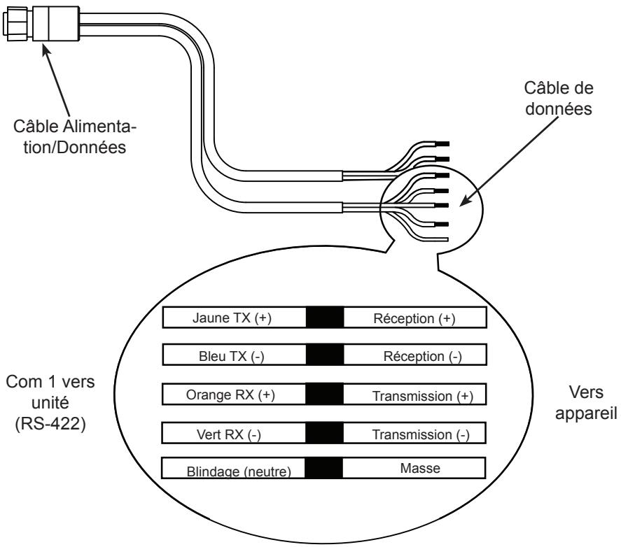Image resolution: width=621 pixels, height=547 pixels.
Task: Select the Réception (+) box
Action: [x=414, y=318]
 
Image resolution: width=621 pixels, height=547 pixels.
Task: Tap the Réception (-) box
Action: [x=414, y=355]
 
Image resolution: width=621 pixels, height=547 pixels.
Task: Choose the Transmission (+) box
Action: [x=414, y=395]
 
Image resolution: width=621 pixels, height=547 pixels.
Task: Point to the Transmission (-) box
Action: [x=414, y=434]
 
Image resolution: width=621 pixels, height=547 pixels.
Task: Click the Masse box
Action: [x=414, y=469]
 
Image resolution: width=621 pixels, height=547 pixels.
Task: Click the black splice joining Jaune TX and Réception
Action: [x=325, y=318]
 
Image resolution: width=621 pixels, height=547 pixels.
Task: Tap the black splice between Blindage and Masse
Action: [x=325, y=469]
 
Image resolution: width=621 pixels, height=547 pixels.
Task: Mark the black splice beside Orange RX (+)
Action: [x=325, y=395]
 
